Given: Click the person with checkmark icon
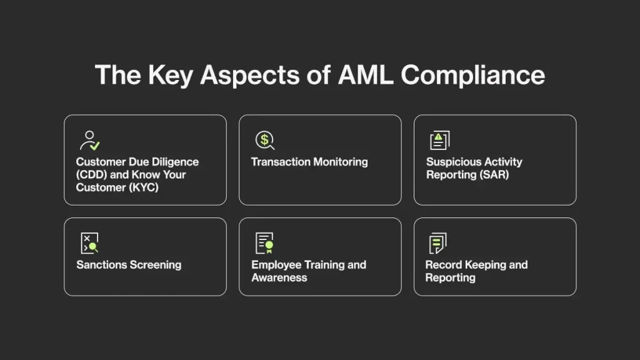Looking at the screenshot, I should tap(90, 140).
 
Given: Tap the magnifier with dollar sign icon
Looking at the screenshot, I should tap(264, 140).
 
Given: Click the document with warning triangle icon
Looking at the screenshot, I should tap(439, 140).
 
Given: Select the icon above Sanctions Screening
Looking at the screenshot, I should tap(89, 243).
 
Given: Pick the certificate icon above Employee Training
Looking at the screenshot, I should tap(264, 243).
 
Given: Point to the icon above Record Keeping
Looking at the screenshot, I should tap(437, 243).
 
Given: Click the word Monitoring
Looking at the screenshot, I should tap(337, 162).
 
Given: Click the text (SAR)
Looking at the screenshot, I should tap(493, 174).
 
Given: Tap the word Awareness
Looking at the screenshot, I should tap(279, 277).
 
